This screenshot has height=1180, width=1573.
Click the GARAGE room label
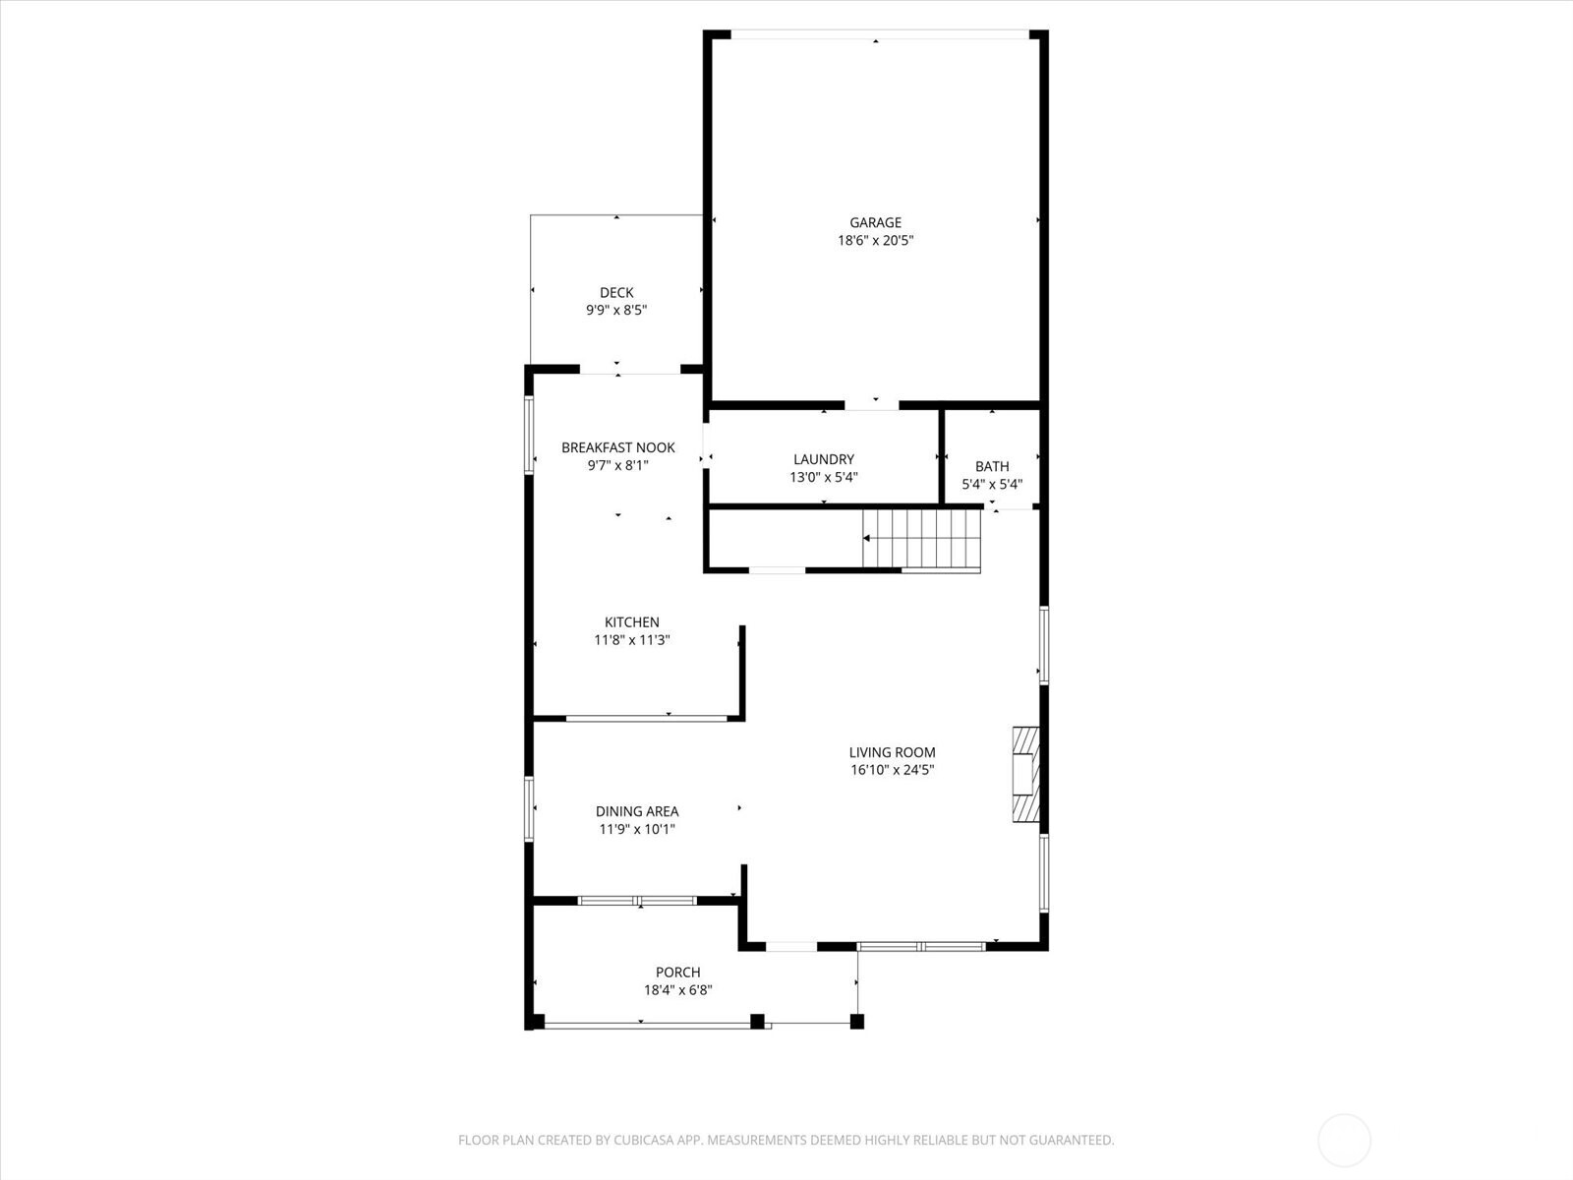pos(875,223)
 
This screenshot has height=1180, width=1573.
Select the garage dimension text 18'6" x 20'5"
pos(875,241)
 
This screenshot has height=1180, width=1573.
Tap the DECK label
pos(616,293)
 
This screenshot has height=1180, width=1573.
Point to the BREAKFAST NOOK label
pos(617,447)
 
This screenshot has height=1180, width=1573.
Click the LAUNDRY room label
pos(824,459)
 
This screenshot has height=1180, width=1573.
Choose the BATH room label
pos(992,466)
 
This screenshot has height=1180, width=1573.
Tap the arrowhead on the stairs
pos(867,539)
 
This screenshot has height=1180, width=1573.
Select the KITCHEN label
pos(631,622)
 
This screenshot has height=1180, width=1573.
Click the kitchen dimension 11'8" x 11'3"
pos(631,640)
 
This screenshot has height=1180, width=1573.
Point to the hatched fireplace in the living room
pos(1025,774)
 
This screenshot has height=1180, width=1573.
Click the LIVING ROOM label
pos(892,752)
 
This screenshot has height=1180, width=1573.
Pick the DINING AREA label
pos(637,811)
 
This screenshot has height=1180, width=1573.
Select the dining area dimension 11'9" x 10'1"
pos(637,829)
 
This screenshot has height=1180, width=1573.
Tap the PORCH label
pos(677,973)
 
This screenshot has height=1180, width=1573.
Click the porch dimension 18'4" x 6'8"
pos(677,990)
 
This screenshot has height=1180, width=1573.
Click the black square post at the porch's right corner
pos(856,1022)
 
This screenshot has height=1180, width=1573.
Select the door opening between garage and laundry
pos(872,404)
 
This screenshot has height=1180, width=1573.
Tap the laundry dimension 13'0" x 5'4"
pos(824,477)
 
